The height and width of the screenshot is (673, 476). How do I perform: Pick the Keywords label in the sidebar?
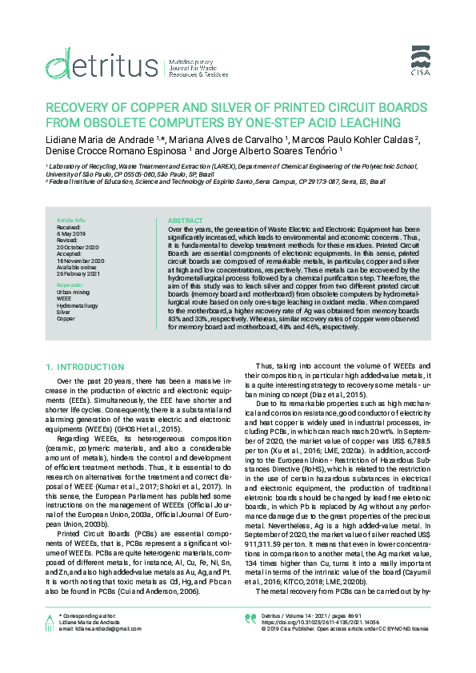coord(70,284)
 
